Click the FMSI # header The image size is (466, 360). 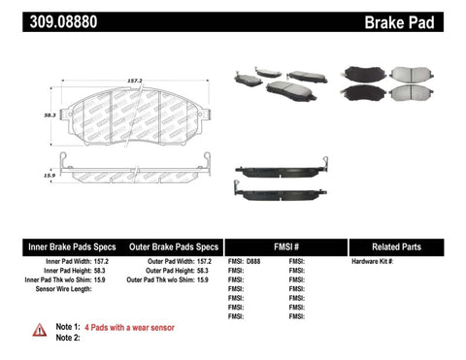(284, 246)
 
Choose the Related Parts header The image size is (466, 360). (405, 246)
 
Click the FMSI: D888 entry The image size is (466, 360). (247, 262)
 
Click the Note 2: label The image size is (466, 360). (69, 338)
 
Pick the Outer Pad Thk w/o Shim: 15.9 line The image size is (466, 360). (168, 280)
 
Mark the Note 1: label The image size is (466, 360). (69, 327)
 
